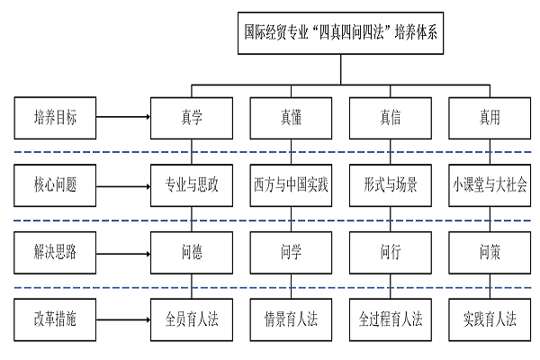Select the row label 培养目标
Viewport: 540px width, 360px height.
pos(55,116)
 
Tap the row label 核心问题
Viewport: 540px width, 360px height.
pos(55,187)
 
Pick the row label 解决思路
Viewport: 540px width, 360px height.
pos(55,252)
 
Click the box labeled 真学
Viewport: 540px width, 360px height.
pos(192,116)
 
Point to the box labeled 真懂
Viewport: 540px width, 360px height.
pos(291,116)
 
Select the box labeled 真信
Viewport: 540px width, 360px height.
pos(391,116)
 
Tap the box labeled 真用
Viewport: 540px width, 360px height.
pos(490,116)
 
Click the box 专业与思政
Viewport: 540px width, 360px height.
pos(192,187)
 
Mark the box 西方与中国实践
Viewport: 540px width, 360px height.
pos(291,187)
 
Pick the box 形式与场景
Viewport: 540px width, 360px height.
pos(391,187)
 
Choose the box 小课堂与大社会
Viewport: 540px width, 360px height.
pos(490,187)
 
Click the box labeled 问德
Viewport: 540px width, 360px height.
pos(192,252)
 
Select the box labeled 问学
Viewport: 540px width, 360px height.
pos(291,252)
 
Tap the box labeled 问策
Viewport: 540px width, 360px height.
pos(490,252)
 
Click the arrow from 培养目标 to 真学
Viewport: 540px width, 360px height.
pos(121,116)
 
